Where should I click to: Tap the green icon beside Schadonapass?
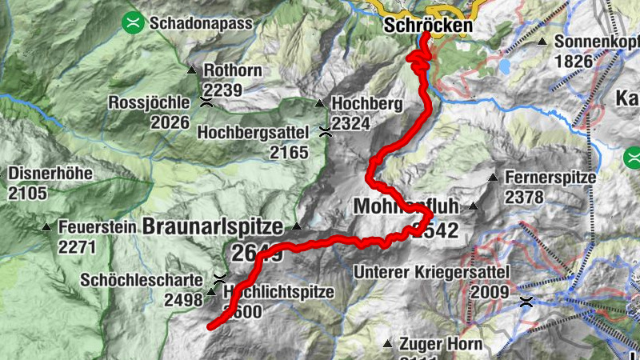tap(132, 23)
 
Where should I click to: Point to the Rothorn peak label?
tap(233, 70)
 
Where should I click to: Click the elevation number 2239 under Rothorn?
tap(222, 90)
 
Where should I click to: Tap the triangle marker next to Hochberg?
tap(320, 103)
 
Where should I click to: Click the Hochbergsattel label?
tap(256, 131)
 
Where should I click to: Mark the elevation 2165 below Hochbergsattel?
tap(289, 151)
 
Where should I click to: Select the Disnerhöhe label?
tap(51, 174)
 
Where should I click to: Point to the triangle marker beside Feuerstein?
tap(46, 227)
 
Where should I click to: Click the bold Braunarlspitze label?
tap(213, 227)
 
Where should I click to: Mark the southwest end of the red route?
tap(210, 326)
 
